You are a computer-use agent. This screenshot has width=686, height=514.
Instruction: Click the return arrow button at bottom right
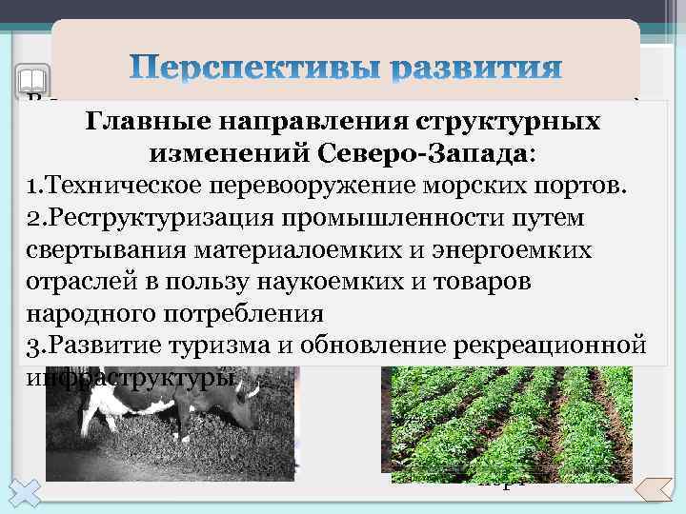pyautogui.click(x=658, y=492)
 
